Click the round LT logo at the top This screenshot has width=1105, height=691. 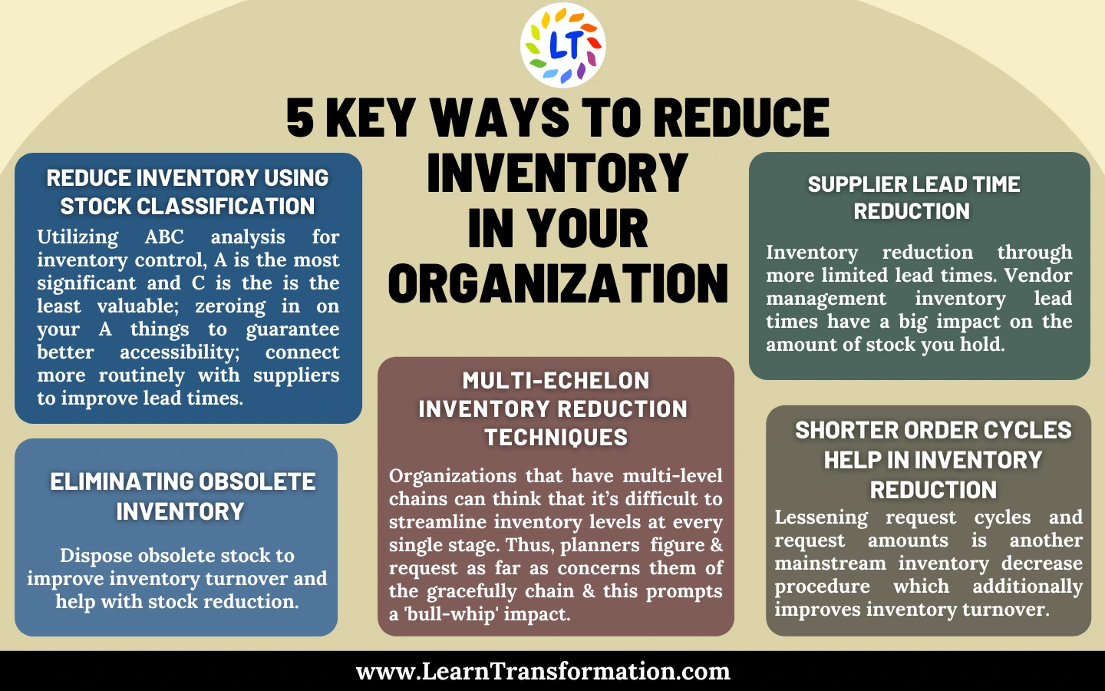(563, 45)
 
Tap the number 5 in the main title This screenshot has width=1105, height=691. (300, 118)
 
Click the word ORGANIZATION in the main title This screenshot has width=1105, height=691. (558, 283)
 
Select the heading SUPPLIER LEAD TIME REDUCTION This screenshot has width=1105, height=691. (913, 197)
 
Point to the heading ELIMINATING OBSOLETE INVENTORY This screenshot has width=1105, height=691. (182, 496)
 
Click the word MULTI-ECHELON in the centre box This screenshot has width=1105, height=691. (556, 381)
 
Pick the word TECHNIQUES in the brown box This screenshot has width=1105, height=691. (556, 438)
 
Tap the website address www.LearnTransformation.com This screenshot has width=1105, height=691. (543, 671)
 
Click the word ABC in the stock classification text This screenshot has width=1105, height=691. (164, 237)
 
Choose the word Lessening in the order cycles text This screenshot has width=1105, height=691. (821, 517)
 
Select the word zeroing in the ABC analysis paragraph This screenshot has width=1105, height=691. (230, 306)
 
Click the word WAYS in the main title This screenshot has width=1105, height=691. (500, 118)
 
